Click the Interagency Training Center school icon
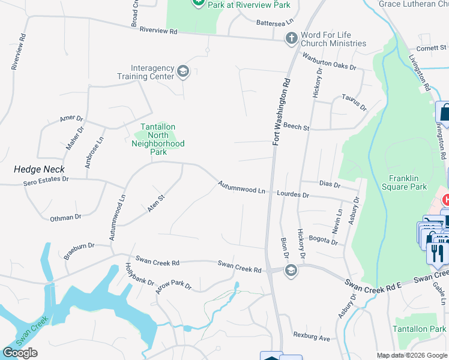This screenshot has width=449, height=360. [x=182, y=73]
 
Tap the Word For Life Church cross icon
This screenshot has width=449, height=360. [x=291, y=39]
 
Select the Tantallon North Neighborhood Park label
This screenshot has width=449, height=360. [x=158, y=139]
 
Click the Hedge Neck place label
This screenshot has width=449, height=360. [x=40, y=170]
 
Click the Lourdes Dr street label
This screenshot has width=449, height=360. [x=293, y=195]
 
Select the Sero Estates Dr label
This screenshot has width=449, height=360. [x=46, y=180]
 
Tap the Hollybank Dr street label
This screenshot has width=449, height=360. [x=139, y=274]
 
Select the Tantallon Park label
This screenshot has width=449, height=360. [x=420, y=329]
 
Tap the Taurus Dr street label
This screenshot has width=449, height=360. [x=354, y=102]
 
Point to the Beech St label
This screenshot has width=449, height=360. [x=297, y=127]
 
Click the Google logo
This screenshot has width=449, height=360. [x=20, y=353]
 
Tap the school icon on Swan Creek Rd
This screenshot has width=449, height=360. [x=291, y=270]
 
